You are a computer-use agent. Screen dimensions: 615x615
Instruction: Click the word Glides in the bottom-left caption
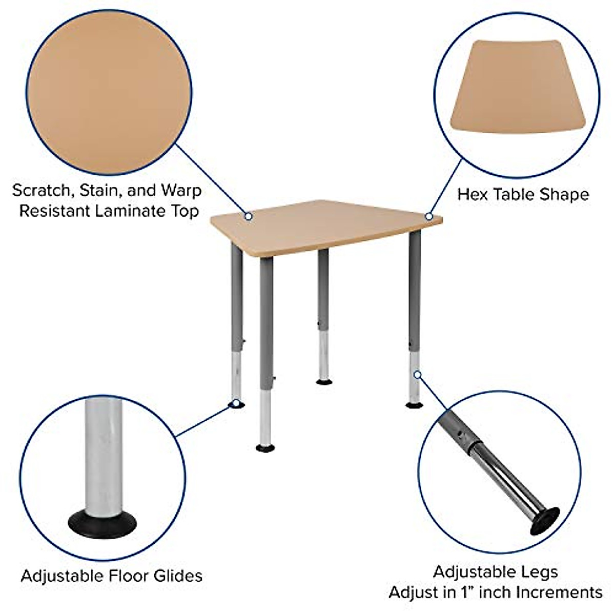[x=177, y=576]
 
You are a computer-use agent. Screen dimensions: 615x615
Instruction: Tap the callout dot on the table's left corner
[x=248, y=217]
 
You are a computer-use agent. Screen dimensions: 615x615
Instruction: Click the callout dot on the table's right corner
[x=429, y=217]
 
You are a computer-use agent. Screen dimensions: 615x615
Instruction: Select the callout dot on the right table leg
[x=418, y=375]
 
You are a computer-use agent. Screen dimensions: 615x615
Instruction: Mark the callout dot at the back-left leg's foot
[x=236, y=403]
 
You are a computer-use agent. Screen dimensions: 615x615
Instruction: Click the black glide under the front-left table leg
[x=265, y=448]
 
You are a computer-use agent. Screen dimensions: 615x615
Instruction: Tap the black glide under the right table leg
[x=414, y=405]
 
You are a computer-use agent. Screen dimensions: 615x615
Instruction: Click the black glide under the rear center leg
[x=323, y=381]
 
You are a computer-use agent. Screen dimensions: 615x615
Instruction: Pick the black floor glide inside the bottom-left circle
[x=102, y=523]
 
